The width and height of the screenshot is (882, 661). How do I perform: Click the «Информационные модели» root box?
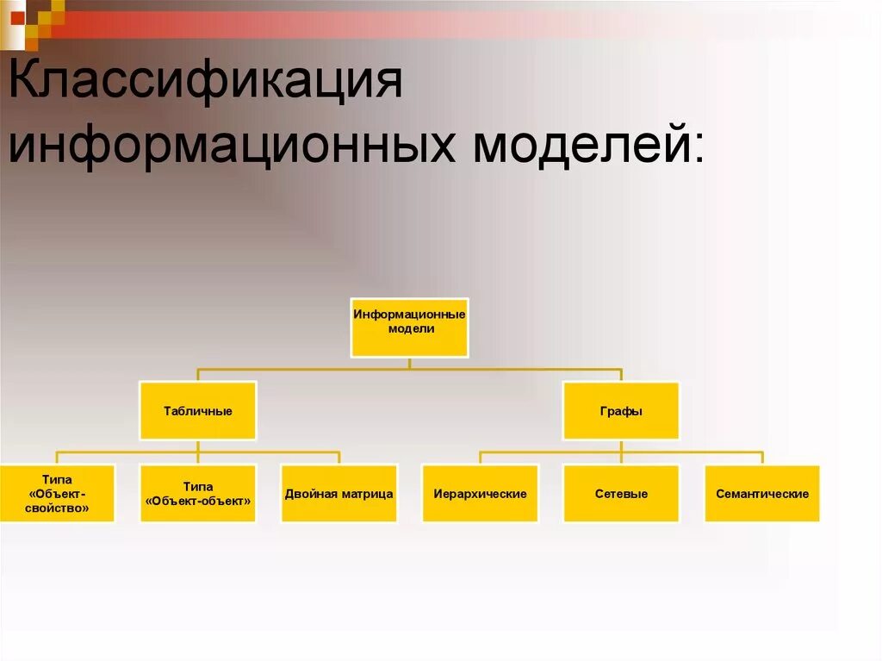[409, 327]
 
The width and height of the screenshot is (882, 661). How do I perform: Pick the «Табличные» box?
[198, 410]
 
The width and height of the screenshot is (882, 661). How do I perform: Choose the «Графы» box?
[621, 410]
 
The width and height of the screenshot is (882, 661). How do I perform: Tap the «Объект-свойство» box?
[57, 493]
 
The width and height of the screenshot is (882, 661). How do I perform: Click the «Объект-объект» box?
[198, 493]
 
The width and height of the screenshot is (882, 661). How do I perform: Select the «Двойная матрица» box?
[339, 493]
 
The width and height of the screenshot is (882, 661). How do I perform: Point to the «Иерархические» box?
[480, 493]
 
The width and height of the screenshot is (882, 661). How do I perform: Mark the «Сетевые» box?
[621, 493]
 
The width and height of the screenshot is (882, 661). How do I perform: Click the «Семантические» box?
[762, 493]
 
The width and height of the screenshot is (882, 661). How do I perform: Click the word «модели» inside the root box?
[411, 328]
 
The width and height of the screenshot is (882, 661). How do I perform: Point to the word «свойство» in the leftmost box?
[59, 508]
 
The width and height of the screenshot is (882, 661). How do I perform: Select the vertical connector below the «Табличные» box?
[198, 446]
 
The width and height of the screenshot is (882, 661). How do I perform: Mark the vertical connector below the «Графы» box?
[621, 446]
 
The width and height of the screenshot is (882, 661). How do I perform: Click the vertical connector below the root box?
[409, 363]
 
